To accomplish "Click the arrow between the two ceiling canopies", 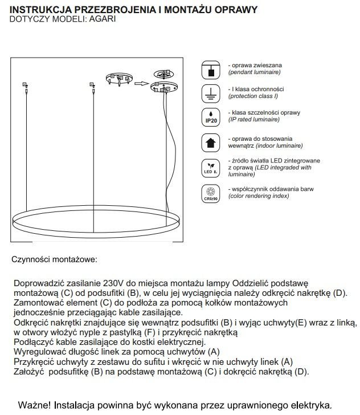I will click(141, 82).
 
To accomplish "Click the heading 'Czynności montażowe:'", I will click(54, 259).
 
